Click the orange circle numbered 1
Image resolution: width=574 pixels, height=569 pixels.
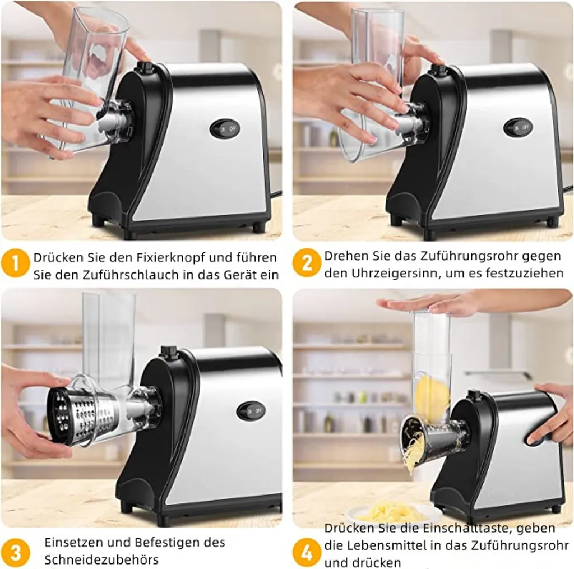tap(15, 263)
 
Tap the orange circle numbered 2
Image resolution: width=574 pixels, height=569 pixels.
tap(307, 263)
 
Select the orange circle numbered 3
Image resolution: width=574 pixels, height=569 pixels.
tap(15, 552)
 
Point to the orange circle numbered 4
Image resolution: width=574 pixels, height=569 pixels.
tap(307, 552)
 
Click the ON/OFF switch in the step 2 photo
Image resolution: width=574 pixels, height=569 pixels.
tap(518, 127)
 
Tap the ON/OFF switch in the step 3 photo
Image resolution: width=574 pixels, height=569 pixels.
tap(251, 411)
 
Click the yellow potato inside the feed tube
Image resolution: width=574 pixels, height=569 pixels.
tap(432, 398)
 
